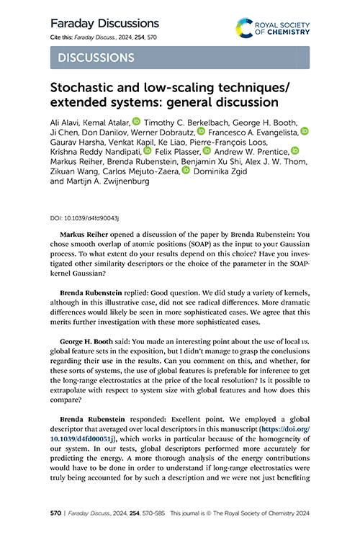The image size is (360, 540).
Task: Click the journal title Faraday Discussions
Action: (104, 24)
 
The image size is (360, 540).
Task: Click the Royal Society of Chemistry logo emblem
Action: (246, 28)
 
